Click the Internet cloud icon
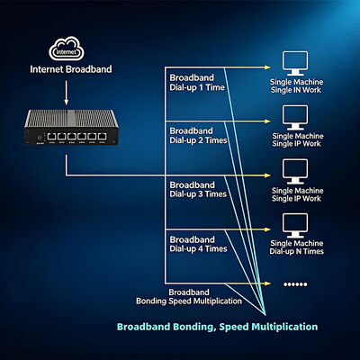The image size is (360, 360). coord(67,49)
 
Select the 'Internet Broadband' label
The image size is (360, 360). coord(71,69)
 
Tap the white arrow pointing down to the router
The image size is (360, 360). coord(67,93)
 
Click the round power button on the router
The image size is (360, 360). coord(40,138)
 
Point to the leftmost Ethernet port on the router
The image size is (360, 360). coord(51,137)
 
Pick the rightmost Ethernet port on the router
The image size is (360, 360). coord(102,137)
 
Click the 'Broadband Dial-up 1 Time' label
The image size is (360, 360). coord(197,83)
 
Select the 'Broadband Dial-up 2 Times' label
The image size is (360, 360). coord(198,136)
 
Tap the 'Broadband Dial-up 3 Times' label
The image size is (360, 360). coord(198,190)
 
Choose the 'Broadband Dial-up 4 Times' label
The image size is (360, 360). coord(198,244)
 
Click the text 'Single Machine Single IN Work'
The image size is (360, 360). coord(296,85)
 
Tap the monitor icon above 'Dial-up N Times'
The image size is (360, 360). coord(295,226)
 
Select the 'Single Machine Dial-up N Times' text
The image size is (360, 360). coord(296,247)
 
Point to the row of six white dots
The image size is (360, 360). coord(295,284)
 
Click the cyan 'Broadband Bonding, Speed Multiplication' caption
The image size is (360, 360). coord(217,327)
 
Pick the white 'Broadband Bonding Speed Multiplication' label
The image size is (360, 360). coord(189,297)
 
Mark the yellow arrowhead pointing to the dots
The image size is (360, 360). coord(267,283)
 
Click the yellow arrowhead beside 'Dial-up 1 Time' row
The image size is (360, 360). coord(267,67)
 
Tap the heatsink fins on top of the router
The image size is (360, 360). coord(71,118)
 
